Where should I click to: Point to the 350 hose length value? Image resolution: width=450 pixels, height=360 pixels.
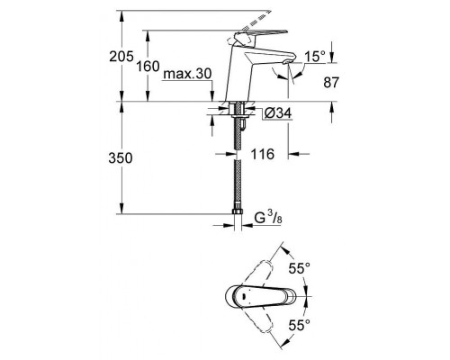[x=107, y=157]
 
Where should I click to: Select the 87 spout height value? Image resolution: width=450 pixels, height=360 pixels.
[x=330, y=83]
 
